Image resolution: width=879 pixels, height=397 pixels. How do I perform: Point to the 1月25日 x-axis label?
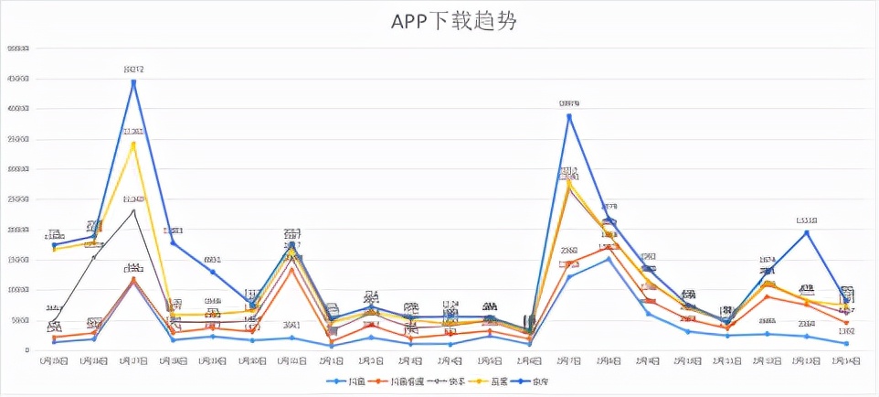pyautogui.click(x=55, y=362)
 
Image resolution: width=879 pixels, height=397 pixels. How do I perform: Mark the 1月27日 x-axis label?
pyautogui.click(x=133, y=362)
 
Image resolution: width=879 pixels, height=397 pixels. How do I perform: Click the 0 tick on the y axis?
pyautogui.click(x=27, y=350)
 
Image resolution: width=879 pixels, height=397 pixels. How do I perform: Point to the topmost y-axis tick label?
pyautogui.click(x=17, y=48)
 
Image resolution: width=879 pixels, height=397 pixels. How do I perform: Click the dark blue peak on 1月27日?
pyautogui.click(x=133, y=82)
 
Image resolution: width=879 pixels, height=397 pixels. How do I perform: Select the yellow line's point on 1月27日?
pyautogui.click(x=133, y=144)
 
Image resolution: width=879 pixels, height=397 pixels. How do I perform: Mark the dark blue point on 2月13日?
pyautogui.click(x=807, y=232)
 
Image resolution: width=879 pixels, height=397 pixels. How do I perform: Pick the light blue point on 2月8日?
pyautogui.click(x=609, y=259)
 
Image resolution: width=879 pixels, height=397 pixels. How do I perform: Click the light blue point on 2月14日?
pyautogui.click(x=846, y=344)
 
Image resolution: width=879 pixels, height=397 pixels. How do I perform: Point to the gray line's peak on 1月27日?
pyautogui.click(x=133, y=210)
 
